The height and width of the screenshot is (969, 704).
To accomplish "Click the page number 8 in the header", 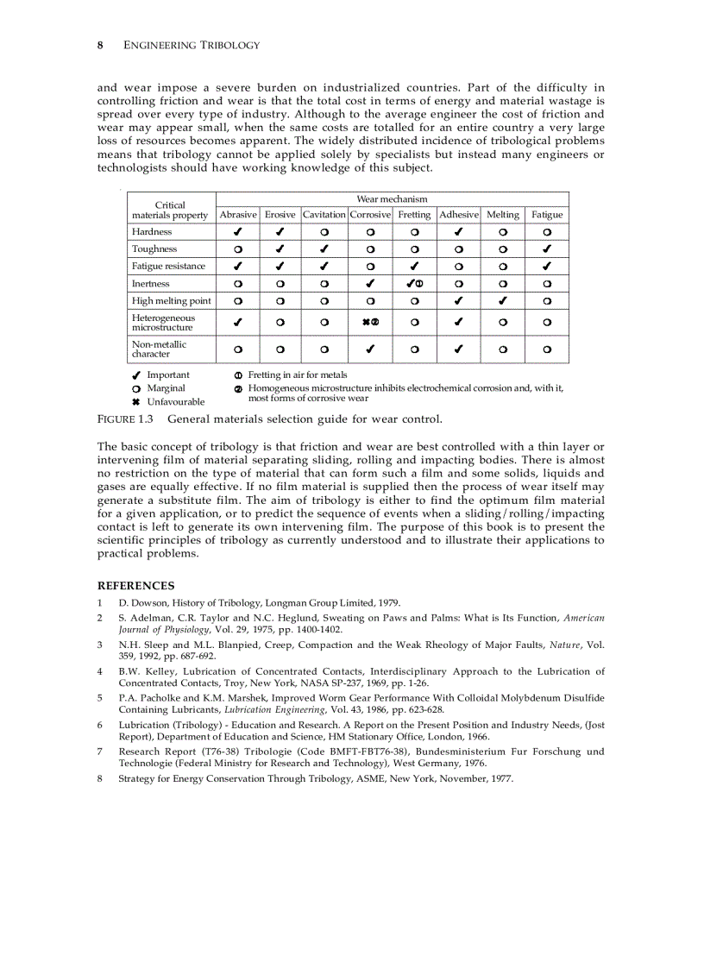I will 101,44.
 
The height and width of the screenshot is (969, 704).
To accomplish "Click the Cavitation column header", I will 324,215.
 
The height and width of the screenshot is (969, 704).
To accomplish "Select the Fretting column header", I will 414,215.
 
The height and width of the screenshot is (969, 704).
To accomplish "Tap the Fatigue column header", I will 547,215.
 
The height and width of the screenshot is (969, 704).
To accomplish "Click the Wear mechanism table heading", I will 392,199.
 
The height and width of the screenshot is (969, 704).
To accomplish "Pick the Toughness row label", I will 154,249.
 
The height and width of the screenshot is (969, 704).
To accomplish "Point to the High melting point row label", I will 171,301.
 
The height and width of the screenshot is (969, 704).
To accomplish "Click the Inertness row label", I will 150,284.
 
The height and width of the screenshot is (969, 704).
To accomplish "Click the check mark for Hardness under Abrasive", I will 237,232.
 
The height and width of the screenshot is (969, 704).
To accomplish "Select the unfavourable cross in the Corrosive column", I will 366,322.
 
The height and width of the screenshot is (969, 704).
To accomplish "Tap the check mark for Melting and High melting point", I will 503,301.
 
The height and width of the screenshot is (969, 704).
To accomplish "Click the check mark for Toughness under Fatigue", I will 547,249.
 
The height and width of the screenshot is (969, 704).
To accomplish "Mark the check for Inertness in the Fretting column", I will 412,284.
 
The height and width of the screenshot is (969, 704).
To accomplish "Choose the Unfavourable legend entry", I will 175,402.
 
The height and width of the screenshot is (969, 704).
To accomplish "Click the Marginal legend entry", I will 166,388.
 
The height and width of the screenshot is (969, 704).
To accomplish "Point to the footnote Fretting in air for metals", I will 298,375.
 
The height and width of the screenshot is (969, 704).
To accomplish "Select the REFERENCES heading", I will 135,586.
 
